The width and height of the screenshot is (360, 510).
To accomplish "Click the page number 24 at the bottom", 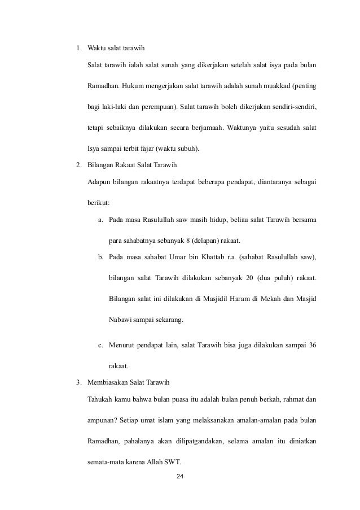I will pos(180,477).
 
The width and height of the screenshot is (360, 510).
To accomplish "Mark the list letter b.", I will pos(100,258).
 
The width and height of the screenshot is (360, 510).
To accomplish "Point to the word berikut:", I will pos(99,202).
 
